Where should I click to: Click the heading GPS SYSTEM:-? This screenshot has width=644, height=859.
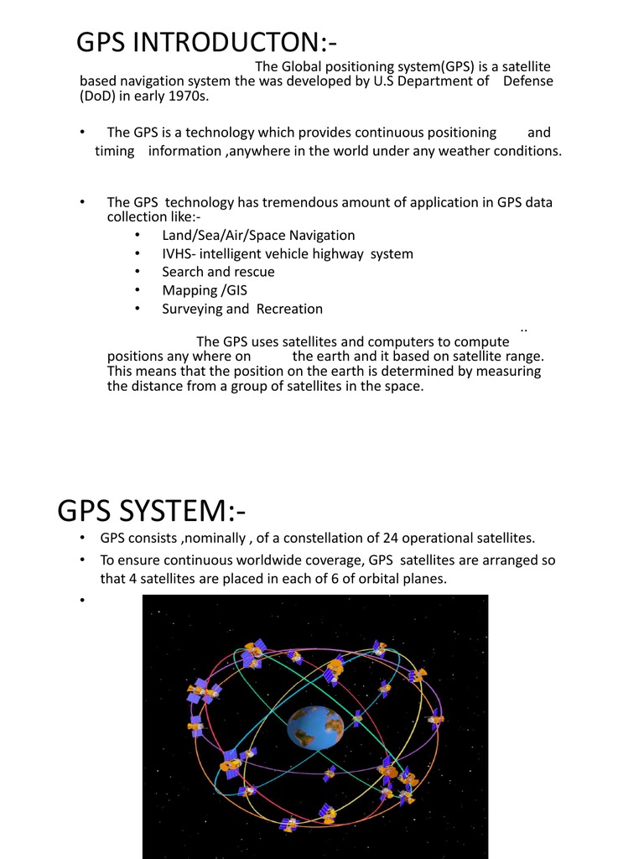pos(151,509)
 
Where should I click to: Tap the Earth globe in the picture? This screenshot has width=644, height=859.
pos(315,726)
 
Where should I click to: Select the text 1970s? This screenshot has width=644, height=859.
pos(189,96)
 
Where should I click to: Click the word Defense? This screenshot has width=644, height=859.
pos(527,81)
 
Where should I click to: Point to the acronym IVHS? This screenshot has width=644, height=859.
pos(178,253)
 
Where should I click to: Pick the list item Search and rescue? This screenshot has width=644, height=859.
pos(218,272)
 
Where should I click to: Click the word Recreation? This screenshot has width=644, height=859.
pos(289,309)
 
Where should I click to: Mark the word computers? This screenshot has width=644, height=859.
pos(391,341)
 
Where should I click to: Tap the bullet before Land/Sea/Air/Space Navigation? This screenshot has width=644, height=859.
pos(137,236)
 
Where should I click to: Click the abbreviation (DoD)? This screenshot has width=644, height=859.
pos(99,96)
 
